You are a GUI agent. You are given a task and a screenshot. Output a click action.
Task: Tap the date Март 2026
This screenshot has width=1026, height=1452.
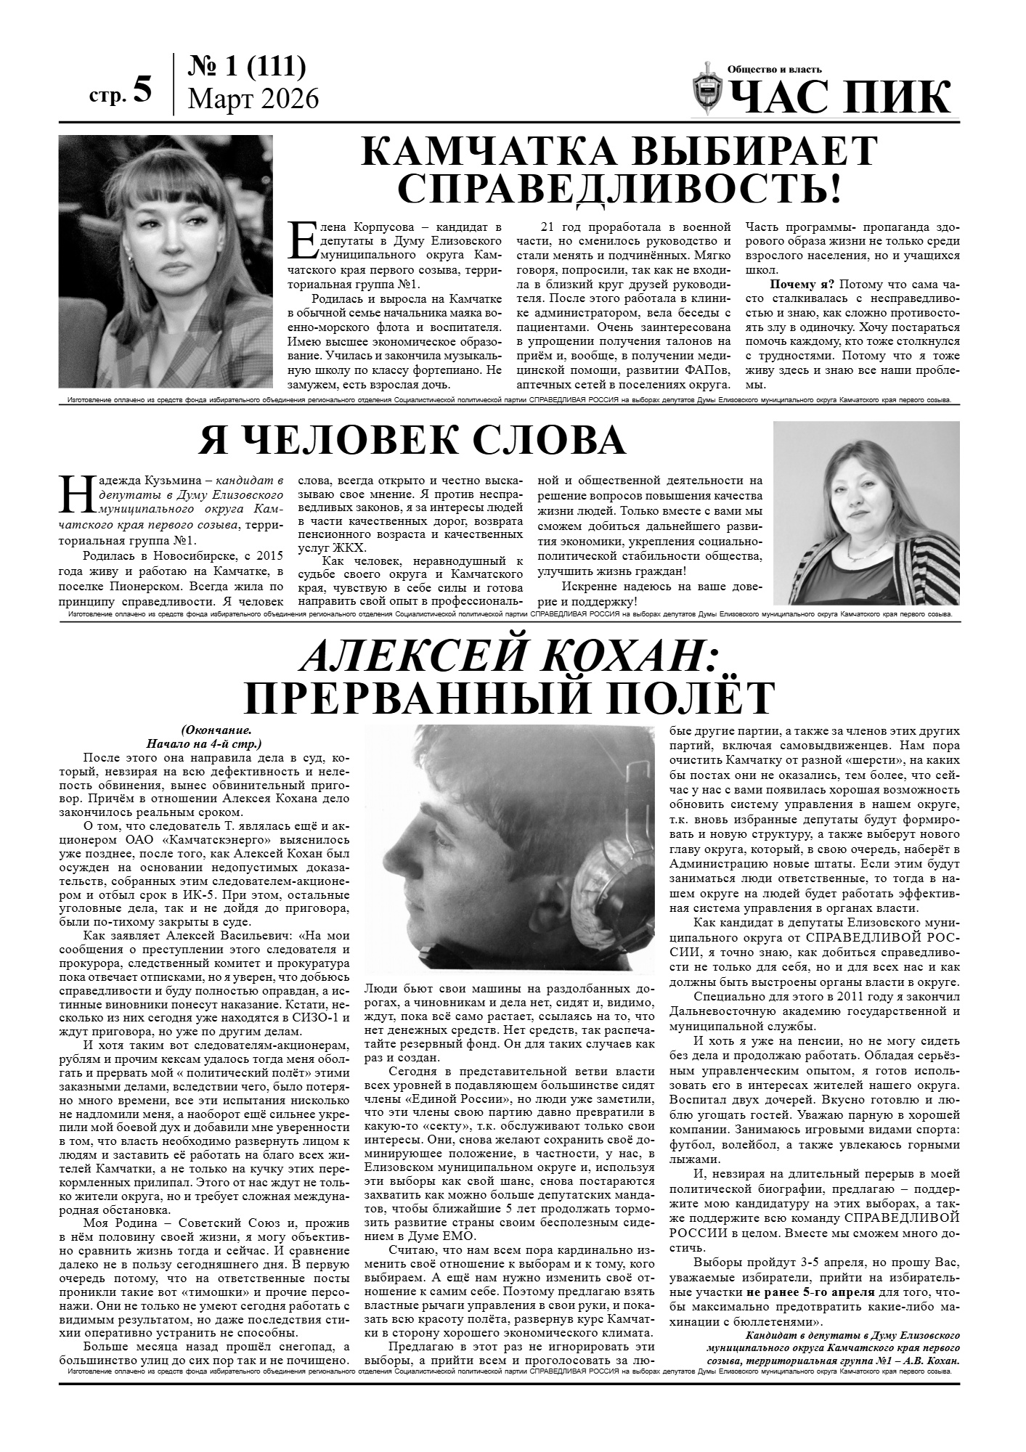[253, 98]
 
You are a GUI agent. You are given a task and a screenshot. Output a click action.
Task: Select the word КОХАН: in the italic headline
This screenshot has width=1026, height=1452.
[638, 659]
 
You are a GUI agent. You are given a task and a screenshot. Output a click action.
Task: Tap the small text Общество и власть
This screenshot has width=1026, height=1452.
[775, 70]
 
